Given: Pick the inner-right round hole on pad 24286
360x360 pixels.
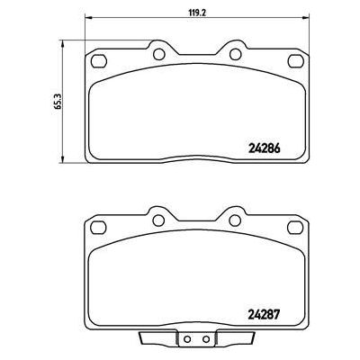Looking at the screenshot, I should pyautogui.click(x=233, y=54).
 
